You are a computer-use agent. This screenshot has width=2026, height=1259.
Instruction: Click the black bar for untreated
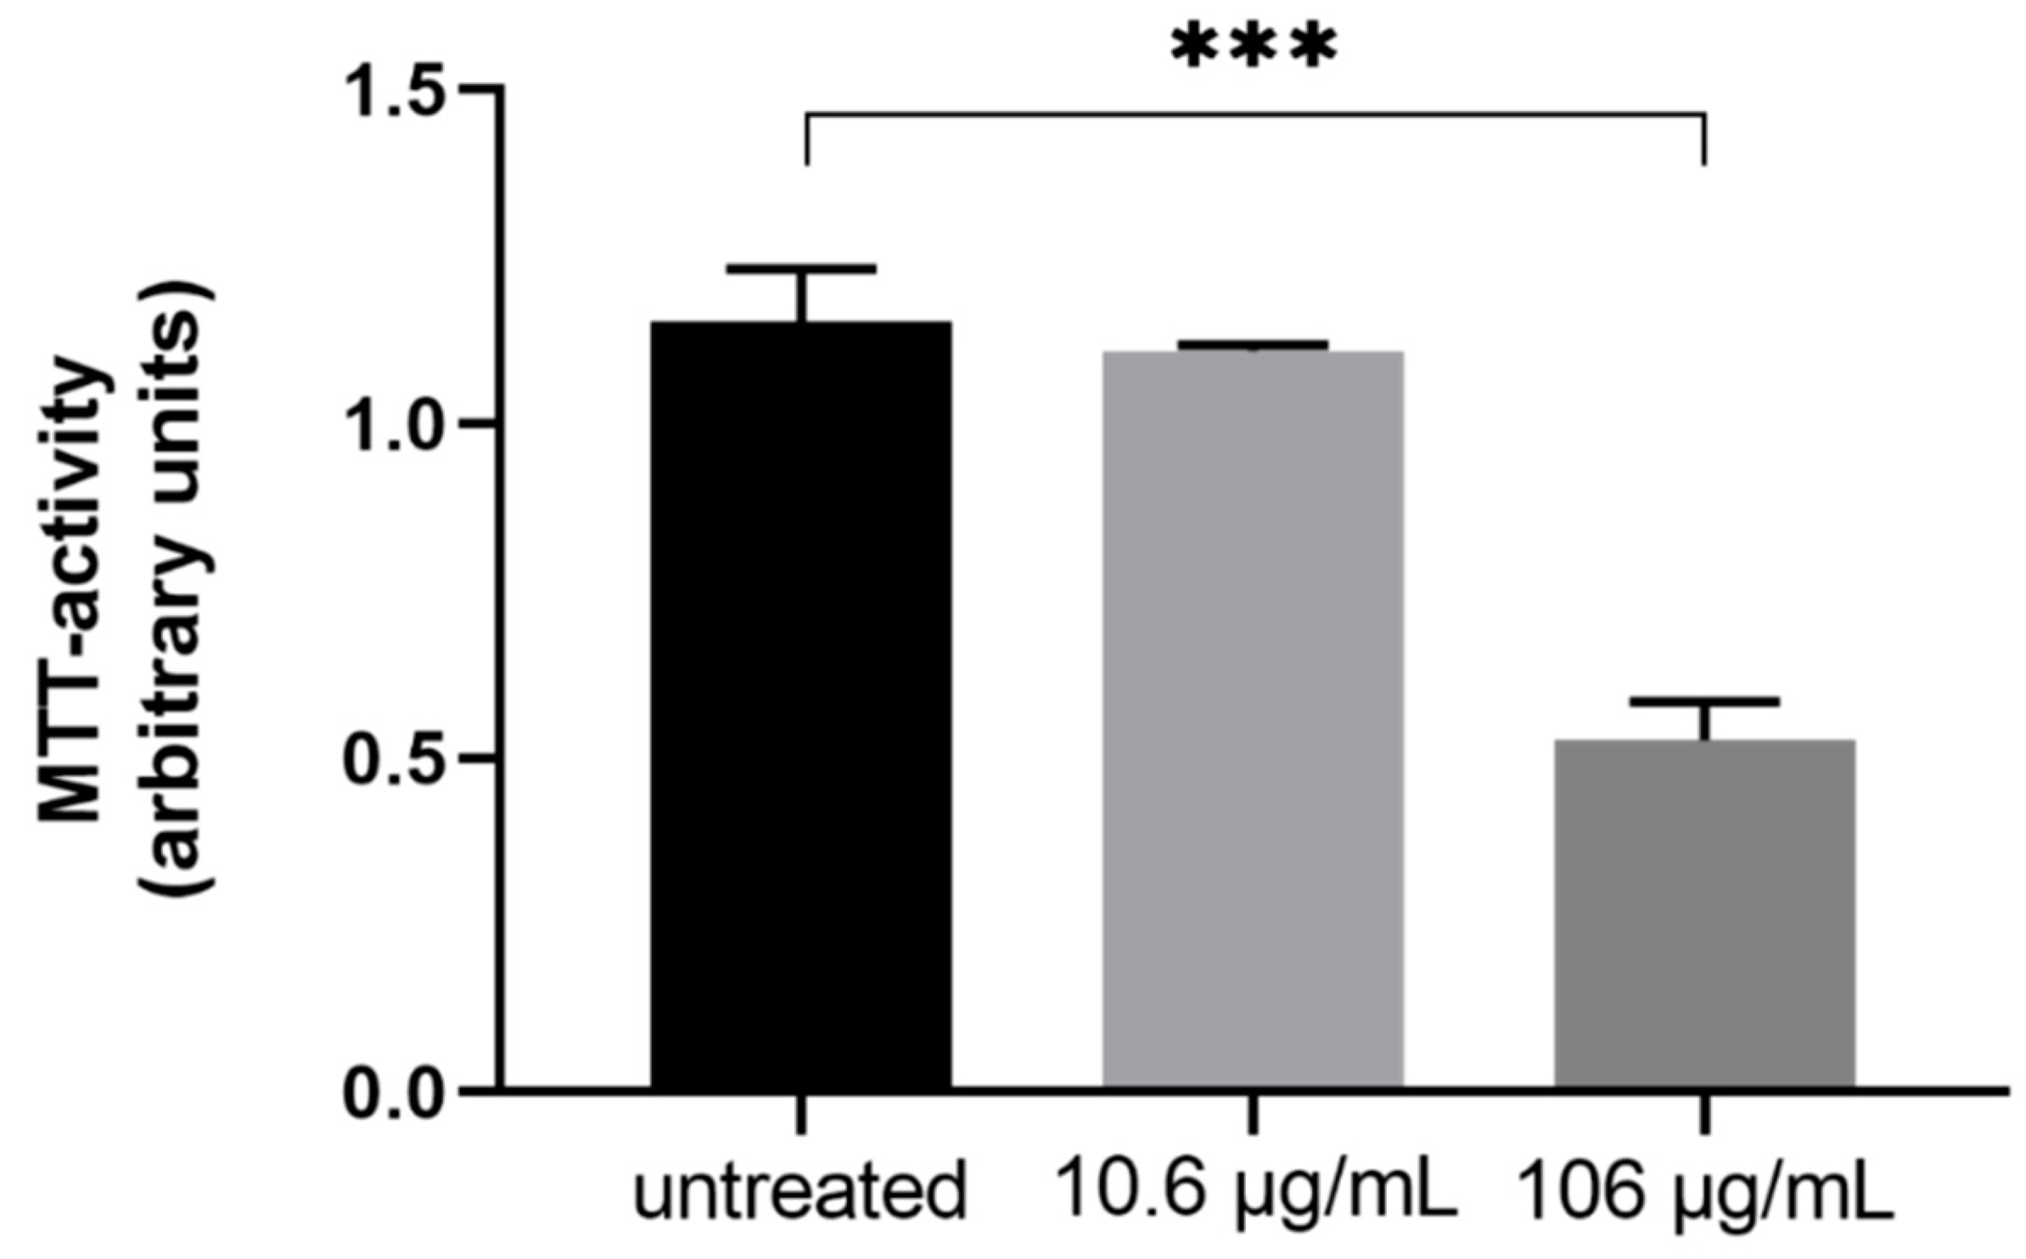800,704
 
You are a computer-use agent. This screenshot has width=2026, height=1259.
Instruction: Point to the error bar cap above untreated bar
800,269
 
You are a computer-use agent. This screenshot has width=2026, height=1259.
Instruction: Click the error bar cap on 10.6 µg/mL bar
1253,344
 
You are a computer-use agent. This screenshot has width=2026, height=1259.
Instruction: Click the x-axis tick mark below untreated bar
800,1111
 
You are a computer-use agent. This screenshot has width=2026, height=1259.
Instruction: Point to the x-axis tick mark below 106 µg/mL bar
1704,1111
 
